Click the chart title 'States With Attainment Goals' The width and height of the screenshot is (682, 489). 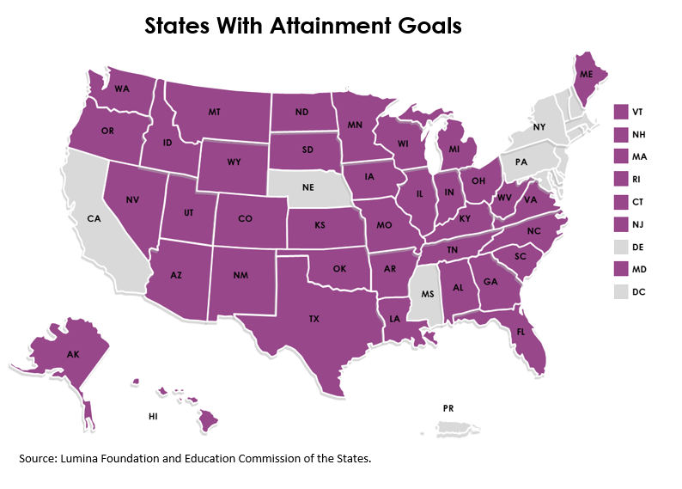tap(302, 26)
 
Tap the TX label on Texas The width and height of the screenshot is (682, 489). tap(314, 318)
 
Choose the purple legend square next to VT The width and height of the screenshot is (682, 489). tap(621, 111)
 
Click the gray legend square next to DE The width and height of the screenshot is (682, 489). tap(621, 247)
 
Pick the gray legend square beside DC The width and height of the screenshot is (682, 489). tap(621, 291)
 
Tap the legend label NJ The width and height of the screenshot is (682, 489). tap(638, 224)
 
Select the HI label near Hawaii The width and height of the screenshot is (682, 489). tap(153, 416)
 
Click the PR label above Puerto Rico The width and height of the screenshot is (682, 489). tap(448, 407)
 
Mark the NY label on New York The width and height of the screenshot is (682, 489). tap(539, 127)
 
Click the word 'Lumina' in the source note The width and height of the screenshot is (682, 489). tap(78, 458)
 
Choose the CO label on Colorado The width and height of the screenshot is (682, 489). tap(245, 219)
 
